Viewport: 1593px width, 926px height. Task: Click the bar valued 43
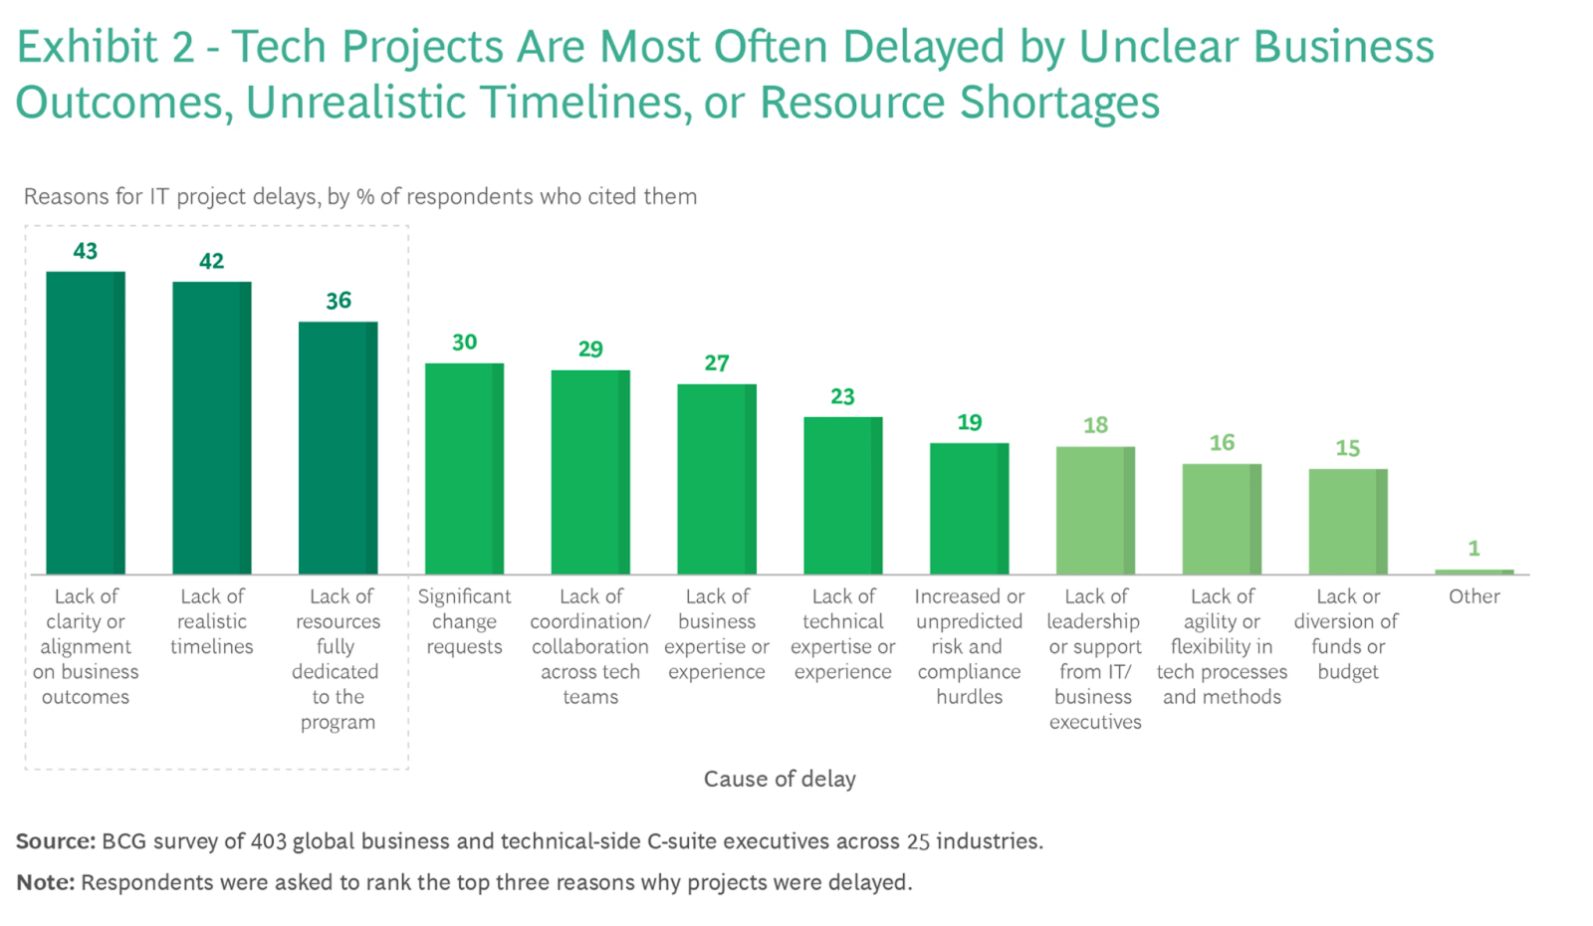tap(86, 423)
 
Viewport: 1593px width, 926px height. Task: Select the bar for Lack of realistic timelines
tap(211, 428)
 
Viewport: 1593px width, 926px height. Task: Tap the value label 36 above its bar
tap(339, 301)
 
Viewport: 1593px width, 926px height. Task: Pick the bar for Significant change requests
tap(464, 468)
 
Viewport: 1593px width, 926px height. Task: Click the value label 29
tap(590, 349)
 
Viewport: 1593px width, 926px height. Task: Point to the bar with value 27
tap(717, 479)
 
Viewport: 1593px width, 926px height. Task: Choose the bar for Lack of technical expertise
tap(842, 495)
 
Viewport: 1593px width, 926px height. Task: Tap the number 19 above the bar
tap(970, 422)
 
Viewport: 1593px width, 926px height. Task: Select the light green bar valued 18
tap(1095, 510)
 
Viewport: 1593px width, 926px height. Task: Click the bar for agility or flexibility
tap(1222, 519)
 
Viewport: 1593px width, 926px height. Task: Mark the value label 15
tap(1348, 448)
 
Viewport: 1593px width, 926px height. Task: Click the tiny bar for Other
tap(1474, 572)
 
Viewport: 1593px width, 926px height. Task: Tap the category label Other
tap(1474, 596)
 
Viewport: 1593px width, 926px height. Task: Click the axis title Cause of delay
tap(780, 779)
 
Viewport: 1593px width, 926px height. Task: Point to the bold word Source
tap(55, 841)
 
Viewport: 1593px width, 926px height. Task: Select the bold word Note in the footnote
tap(44, 882)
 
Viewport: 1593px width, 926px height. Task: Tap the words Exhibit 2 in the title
tap(105, 47)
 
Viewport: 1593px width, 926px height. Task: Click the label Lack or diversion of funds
tap(1347, 633)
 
